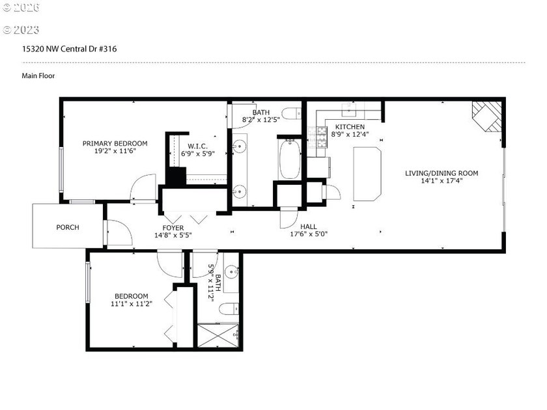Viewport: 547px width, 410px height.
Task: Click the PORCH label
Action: coord(68,227)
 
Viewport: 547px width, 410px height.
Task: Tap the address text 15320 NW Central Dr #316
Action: coord(70,49)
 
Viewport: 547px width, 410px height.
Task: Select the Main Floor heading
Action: coord(38,75)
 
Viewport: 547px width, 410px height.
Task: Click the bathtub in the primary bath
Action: coord(289,160)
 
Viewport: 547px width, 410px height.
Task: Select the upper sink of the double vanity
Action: coord(239,145)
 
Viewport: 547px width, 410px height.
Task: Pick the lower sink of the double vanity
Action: coord(239,191)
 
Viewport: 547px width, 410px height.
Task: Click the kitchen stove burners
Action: coord(320,136)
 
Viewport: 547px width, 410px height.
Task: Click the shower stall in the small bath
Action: coord(218,335)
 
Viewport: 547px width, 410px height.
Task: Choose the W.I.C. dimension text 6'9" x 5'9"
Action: coord(198,154)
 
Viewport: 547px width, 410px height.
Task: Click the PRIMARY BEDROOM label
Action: coord(115,143)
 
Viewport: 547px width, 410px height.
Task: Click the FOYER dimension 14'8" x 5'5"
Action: coord(173,235)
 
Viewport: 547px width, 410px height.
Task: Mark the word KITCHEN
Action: coord(350,126)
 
